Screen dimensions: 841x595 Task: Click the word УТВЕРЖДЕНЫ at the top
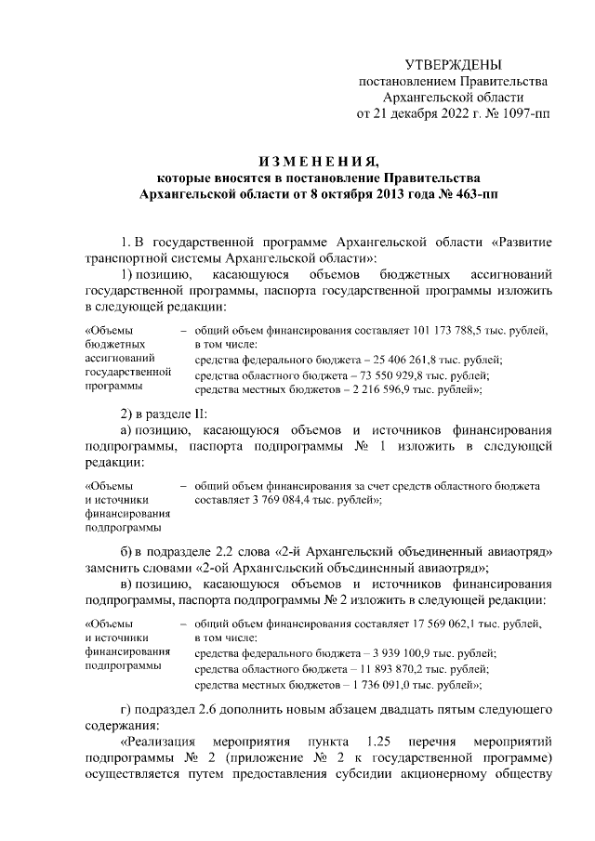(453, 64)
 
